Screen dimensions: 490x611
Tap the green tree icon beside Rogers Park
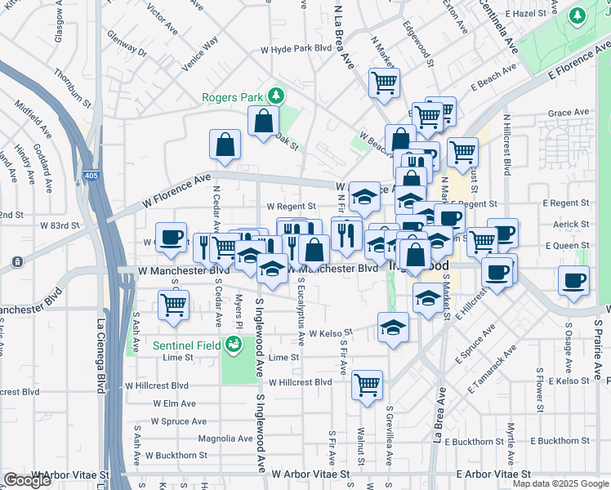[276, 96]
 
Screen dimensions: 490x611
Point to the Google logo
[27, 480]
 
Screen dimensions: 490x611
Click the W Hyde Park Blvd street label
[296, 48]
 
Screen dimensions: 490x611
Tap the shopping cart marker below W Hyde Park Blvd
[384, 82]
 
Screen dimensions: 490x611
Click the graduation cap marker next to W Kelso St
[394, 327]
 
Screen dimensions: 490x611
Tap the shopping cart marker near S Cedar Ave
[173, 305]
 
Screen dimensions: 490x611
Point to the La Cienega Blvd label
[101, 367]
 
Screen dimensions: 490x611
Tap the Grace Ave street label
[569, 113]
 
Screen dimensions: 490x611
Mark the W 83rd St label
[60, 225]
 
